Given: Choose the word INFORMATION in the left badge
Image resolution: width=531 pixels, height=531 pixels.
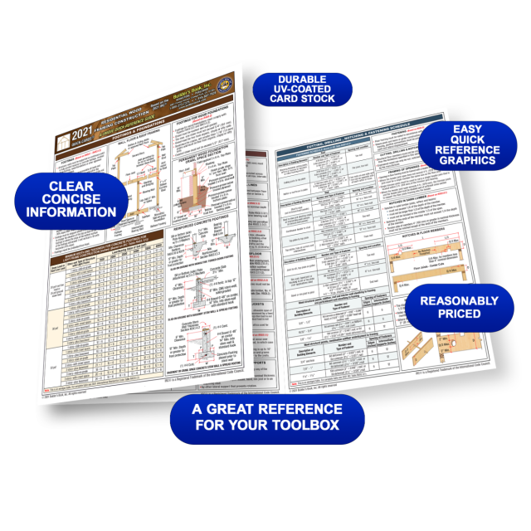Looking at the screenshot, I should (71, 212).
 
